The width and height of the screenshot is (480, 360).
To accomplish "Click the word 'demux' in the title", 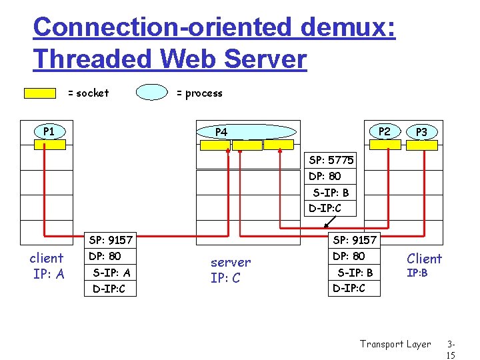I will pos(347,28).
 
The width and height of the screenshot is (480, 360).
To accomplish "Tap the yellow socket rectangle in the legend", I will pos(40,93).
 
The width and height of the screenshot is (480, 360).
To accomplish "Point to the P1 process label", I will pos(49,131).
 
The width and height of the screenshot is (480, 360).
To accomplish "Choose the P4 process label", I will pos(221,132).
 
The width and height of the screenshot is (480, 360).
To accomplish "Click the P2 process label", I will pos(384,131).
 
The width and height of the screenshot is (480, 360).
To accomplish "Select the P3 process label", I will pos(421,132).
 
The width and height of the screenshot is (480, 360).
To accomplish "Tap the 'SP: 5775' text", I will pos(331,160).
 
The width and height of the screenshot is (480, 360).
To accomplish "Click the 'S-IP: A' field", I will pos(111,273).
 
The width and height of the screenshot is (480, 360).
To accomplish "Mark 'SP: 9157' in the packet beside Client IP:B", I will pos(355,240).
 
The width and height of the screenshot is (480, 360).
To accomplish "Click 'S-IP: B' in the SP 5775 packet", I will pos(331,193).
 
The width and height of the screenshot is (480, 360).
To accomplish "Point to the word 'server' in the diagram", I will pos(231,263).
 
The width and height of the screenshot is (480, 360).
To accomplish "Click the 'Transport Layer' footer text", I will pos(395,344).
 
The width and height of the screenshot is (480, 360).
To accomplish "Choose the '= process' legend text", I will pos(199,93).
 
